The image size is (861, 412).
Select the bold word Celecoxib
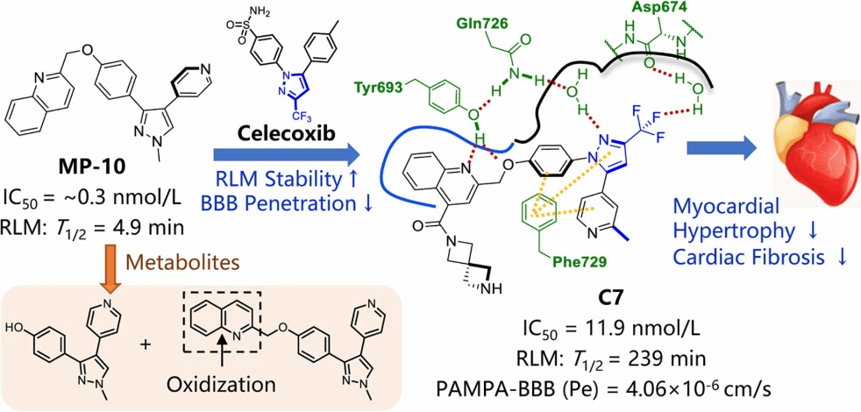pos(283,133)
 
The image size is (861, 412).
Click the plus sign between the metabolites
pos(146,345)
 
